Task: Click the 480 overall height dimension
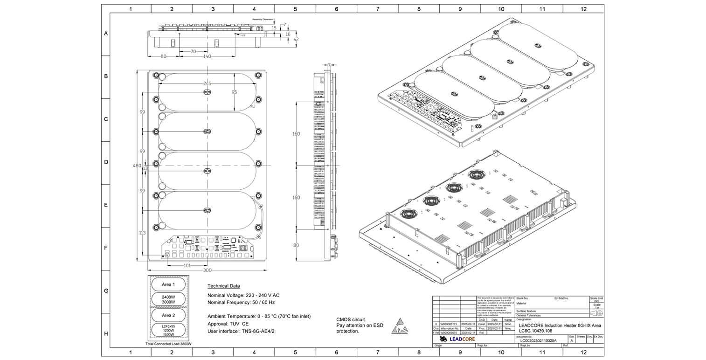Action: coord(137,166)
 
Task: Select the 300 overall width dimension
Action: coord(207,270)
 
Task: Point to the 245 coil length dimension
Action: coord(207,83)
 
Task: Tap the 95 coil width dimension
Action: coord(234,92)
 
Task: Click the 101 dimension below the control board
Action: coord(187,266)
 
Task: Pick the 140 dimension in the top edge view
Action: coord(207,56)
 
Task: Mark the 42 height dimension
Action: coord(296,40)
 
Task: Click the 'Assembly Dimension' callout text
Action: coord(263,19)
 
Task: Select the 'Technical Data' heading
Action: coord(223,286)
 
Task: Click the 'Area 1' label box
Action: coord(168,284)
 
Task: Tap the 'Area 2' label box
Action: coord(168,315)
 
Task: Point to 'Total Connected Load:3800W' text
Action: coord(168,344)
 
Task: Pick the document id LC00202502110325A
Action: coord(538,340)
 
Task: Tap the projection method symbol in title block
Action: coord(597,313)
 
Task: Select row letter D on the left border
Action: coord(106,162)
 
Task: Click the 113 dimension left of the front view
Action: coord(142,233)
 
